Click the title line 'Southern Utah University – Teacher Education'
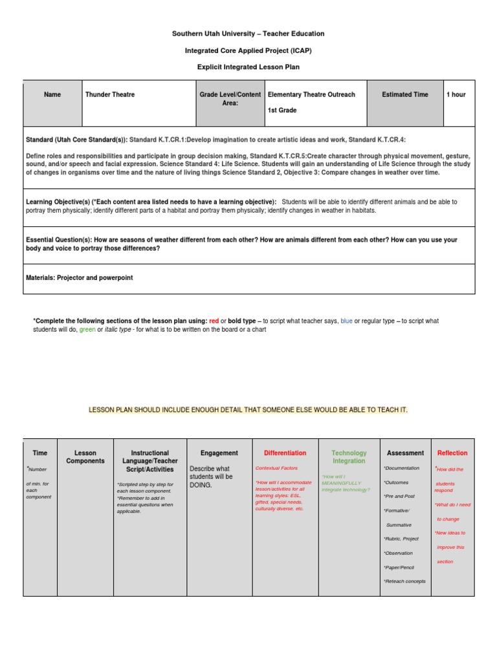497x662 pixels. (248, 34)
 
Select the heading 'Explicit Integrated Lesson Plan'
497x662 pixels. (248, 67)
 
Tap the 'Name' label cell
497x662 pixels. (52, 94)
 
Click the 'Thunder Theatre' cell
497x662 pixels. (110, 94)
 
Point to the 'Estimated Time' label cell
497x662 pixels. (405, 94)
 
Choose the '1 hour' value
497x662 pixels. (456, 94)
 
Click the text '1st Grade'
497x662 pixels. (282, 111)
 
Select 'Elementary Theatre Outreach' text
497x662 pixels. (311, 94)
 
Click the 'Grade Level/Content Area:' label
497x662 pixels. (230, 98)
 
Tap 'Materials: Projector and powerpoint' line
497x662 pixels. (79, 278)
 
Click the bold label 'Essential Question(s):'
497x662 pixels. (63, 240)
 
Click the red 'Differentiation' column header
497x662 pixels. (285, 453)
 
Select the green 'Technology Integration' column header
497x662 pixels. (349, 457)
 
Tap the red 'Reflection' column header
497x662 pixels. (452, 453)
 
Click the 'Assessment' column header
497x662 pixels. (405, 453)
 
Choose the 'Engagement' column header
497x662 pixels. (219, 453)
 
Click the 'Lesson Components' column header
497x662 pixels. (85, 457)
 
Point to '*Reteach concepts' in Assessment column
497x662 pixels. (404, 581)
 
